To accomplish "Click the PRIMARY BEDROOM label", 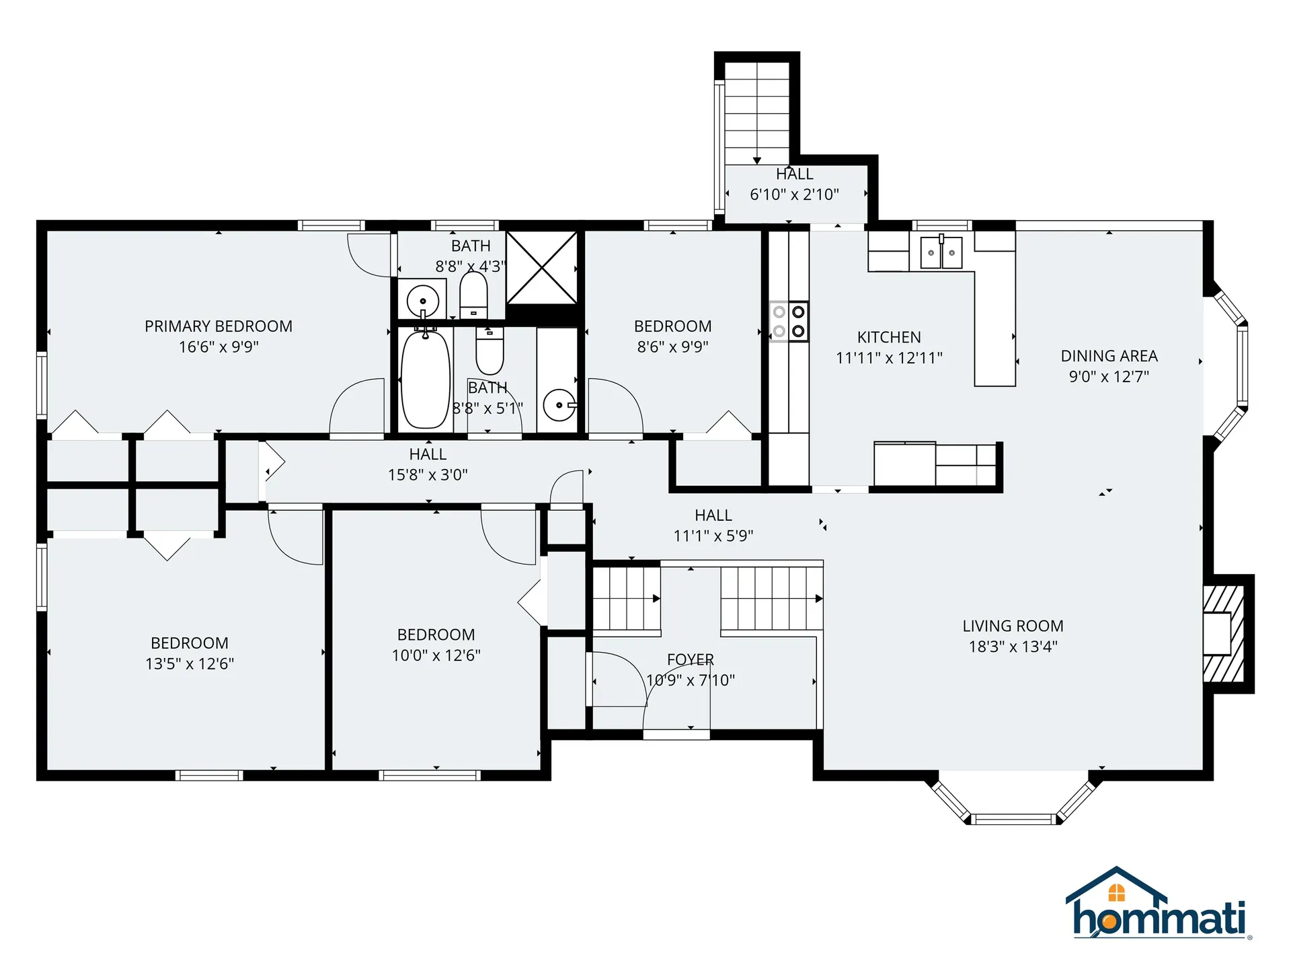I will [219, 326].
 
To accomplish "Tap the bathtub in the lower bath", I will [425, 380].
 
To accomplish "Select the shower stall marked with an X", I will [541, 268].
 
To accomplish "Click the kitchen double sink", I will [941, 252].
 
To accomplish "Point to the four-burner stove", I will [789, 322].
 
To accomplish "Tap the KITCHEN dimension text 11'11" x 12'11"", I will [889, 358].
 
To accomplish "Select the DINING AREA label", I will [1109, 356].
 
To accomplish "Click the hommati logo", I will [1158, 905].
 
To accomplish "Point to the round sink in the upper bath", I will [423, 301].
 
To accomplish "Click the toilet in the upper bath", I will [473, 295].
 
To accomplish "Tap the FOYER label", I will [691, 659].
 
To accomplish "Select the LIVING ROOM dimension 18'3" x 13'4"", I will [1013, 647].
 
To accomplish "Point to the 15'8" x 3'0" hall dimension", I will [428, 475].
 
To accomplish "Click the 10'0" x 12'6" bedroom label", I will [436, 635].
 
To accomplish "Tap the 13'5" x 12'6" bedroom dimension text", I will [190, 663].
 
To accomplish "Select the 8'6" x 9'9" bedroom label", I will [672, 326].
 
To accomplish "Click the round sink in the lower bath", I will [559, 405].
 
